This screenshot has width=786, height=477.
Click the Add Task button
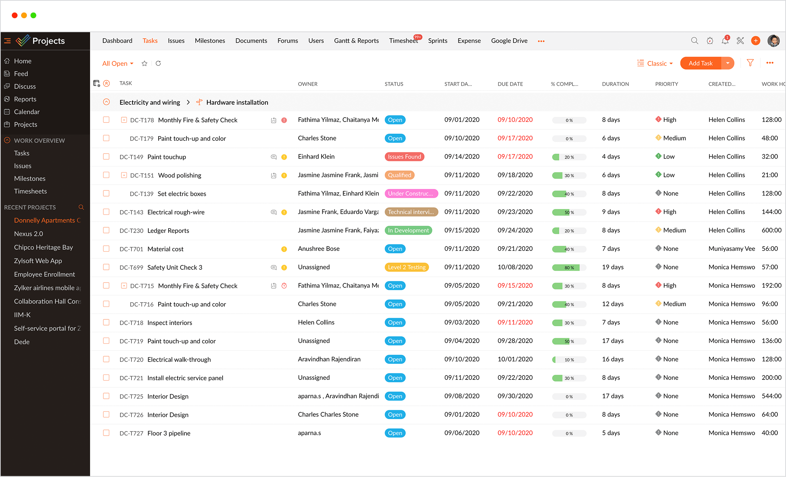[x=700, y=63]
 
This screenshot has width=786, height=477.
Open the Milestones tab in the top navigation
[x=210, y=41]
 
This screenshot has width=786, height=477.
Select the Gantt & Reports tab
[x=356, y=41]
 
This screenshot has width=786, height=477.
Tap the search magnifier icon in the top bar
[x=695, y=41]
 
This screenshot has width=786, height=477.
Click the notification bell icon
[x=725, y=41]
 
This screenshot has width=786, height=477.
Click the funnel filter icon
[x=750, y=63]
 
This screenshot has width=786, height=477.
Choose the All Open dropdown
[x=118, y=64]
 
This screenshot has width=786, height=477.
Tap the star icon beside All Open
[x=144, y=64]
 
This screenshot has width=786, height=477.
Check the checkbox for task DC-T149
[x=106, y=156]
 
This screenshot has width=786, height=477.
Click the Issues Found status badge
[x=404, y=156]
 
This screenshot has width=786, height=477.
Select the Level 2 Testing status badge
[x=407, y=267]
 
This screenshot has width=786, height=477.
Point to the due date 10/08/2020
[x=515, y=267]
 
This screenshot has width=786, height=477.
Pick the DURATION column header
[x=615, y=84]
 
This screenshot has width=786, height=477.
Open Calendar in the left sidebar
[x=26, y=112]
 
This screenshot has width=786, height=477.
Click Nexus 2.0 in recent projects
[x=28, y=234]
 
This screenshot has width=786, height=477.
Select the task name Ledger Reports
[x=168, y=230]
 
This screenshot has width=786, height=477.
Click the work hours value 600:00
[x=771, y=230]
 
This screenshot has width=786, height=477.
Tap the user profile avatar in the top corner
[x=773, y=41]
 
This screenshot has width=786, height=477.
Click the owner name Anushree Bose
[x=319, y=249]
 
